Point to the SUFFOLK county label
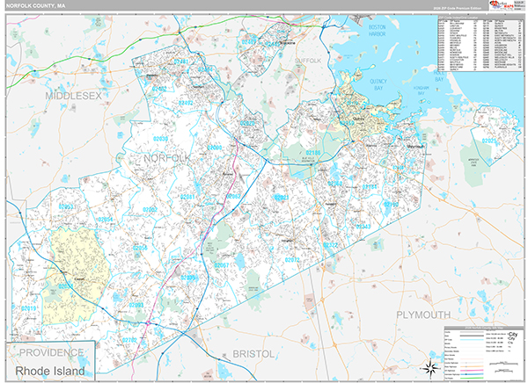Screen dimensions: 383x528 (x=308, y=61)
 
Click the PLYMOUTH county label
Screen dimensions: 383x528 (x=422, y=314)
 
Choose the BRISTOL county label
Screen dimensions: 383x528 (x=254, y=353)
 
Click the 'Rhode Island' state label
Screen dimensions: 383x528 (x=50, y=371)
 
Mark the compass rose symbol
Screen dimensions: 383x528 (x=429, y=366)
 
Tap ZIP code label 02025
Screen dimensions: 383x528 (x=489, y=141)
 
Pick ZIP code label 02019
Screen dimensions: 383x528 (x=29, y=308)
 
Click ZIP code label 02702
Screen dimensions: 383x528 (x=128, y=339)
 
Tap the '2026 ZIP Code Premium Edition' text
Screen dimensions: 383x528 (x=458, y=11)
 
